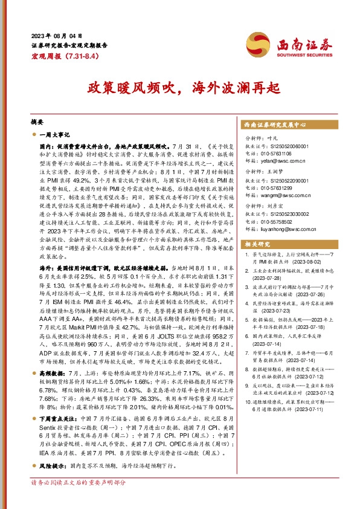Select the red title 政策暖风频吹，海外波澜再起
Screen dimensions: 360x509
coord(180,86)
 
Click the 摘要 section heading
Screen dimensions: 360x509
coord(37,122)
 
